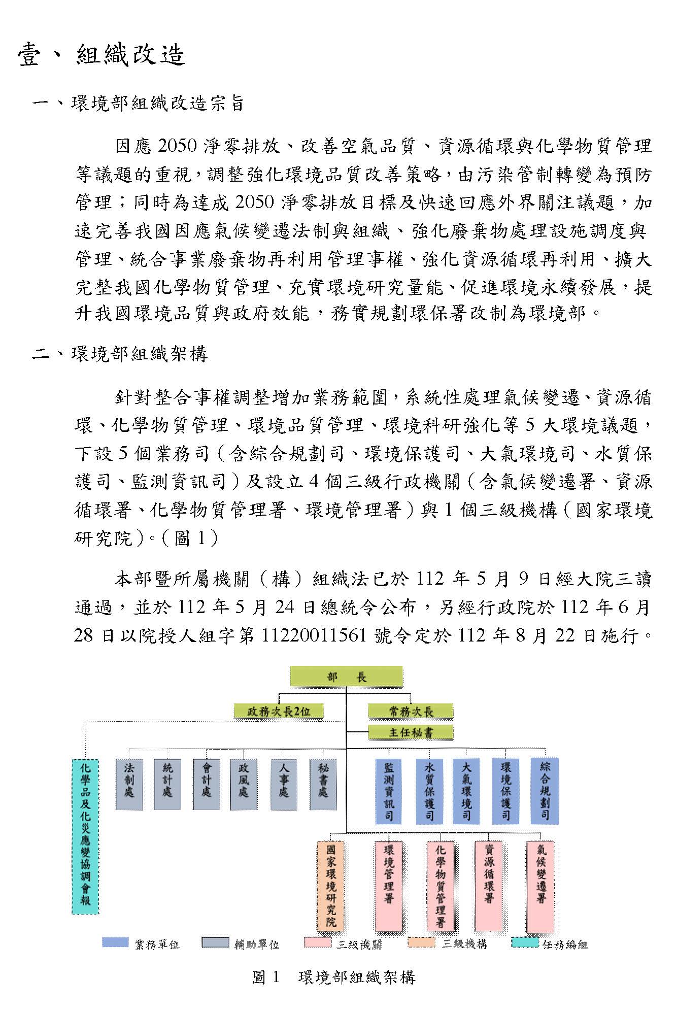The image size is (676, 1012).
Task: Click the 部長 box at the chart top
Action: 346,677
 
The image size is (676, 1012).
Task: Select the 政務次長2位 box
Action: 278,711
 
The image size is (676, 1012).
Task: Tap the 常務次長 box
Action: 410,711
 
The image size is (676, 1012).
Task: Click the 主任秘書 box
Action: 410,732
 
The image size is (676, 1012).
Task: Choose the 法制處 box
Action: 129,784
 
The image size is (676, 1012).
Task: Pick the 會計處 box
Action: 206,784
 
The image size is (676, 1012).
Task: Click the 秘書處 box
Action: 323,784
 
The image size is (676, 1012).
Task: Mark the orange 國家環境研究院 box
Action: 330,886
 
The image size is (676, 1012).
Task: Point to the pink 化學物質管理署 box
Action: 440,886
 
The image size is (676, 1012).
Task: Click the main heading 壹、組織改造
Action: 102,55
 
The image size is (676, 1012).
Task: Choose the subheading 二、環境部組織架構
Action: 120,354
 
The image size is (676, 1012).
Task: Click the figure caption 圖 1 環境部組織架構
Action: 333,977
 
